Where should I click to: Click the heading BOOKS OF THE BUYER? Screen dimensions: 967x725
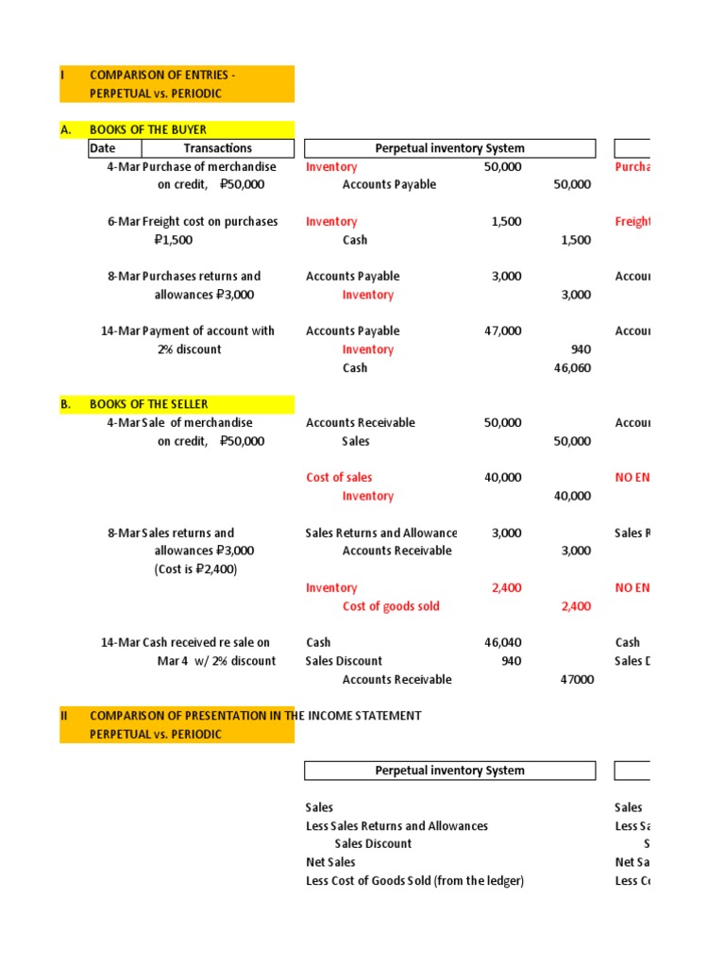147,129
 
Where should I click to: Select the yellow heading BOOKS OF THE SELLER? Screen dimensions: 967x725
148,404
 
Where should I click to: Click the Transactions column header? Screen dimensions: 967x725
217,148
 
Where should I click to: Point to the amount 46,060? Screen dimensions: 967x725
571,368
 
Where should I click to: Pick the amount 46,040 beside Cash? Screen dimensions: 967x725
502,643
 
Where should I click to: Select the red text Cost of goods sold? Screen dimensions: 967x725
391,606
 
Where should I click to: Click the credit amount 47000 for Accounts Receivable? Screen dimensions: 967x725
577,680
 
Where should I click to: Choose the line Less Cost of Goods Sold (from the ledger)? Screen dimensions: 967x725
414,881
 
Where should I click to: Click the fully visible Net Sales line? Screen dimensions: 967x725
330,862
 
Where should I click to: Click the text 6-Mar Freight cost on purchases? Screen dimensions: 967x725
193,222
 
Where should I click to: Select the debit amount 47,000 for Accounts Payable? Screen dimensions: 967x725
502,331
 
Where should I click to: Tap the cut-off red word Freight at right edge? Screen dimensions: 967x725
632,222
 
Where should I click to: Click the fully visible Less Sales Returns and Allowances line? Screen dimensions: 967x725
396,826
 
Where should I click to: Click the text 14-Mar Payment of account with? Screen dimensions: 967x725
188,331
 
